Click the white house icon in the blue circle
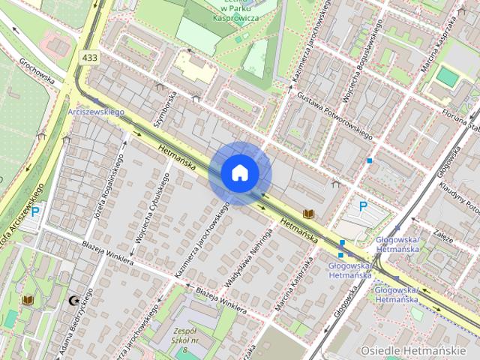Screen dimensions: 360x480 coord(240,173)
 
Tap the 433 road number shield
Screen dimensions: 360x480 coord(90,58)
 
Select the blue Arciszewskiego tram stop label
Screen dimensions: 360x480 coord(95,112)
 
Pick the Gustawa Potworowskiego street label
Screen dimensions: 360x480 coord(334,117)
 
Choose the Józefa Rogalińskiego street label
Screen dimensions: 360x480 coord(108,191)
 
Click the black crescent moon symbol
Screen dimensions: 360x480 coord(73,301)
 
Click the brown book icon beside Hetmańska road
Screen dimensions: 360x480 coord(307,214)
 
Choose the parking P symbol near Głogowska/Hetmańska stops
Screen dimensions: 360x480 coord(363,206)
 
